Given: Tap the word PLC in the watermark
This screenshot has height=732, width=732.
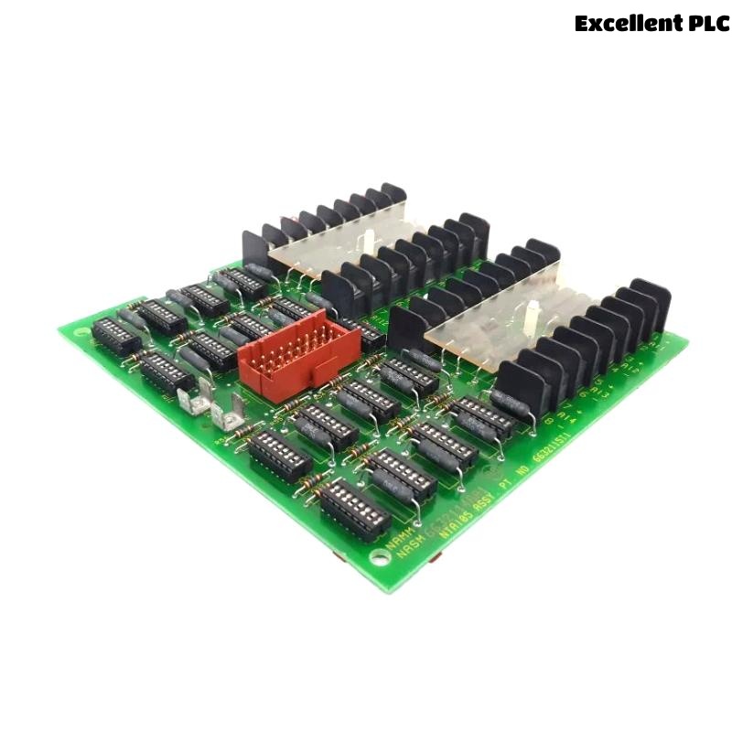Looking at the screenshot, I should click(707, 23).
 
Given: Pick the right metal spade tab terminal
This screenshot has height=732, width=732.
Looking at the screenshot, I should click(229, 416).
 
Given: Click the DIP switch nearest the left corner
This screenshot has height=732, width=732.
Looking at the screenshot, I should click(116, 336).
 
